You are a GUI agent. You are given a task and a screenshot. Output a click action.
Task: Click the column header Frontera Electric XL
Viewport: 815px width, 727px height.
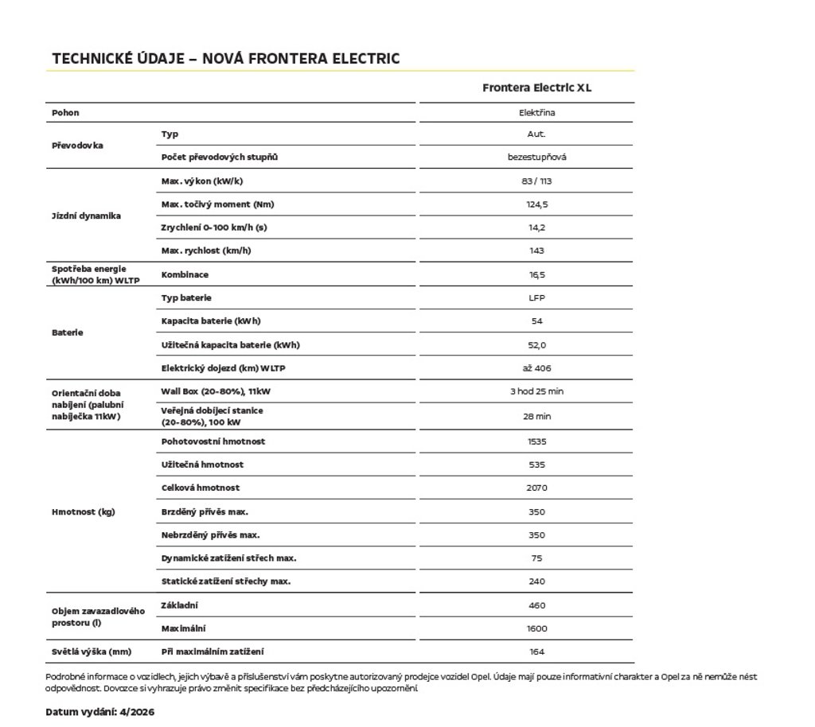click(536, 87)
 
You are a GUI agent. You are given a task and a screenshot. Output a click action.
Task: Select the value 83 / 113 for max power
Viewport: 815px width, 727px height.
click(536, 181)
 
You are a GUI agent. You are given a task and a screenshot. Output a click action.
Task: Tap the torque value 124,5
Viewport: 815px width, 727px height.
click(536, 204)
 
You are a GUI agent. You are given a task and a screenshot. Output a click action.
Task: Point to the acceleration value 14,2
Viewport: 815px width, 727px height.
click(536, 227)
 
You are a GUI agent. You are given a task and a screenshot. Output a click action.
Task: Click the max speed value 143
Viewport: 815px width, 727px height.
click(536, 251)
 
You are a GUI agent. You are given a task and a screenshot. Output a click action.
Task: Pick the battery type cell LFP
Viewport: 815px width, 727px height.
click(536, 298)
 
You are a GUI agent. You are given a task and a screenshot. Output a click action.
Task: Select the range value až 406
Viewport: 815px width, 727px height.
click(536, 368)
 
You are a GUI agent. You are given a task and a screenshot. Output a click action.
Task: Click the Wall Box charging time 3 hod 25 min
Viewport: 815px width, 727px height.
click(536, 391)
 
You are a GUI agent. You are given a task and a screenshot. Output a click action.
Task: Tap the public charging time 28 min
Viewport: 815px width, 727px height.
click(536, 416)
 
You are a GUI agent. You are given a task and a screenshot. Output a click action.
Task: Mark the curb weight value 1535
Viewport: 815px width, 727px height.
click(536, 441)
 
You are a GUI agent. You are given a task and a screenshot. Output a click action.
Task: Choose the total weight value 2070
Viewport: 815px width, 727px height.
click(536, 488)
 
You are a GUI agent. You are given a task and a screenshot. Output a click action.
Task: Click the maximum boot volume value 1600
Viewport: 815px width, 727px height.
click(536, 628)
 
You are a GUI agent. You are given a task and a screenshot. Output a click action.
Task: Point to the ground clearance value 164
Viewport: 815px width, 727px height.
click(536, 652)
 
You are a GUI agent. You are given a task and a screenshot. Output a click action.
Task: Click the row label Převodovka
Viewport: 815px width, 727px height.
click(77, 146)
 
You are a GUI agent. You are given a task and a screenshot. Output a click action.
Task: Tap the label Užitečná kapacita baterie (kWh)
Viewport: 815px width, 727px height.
click(230, 345)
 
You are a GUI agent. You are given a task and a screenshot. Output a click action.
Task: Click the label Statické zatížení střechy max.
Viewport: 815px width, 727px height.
click(225, 581)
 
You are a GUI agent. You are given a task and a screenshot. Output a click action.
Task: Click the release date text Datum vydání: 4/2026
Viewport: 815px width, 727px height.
click(100, 712)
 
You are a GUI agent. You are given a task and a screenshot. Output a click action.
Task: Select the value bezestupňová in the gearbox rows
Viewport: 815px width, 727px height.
click(536, 157)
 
